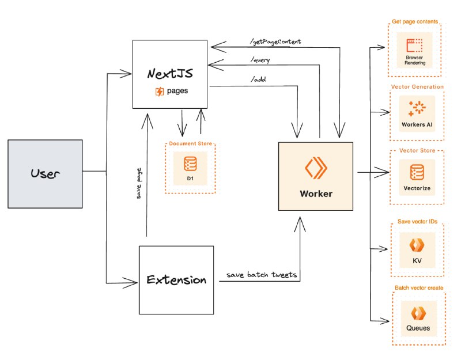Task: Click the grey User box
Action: click(x=45, y=173)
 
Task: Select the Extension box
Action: click(x=176, y=280)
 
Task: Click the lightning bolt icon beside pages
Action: click(x=160, y=91)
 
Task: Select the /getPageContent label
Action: click(x=275, y=42)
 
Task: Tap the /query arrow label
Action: click(x=260, y=59)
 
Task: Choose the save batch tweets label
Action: click(x=262, y=275)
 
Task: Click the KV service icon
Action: click(x=417, y=245)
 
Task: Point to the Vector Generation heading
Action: click(x=417, y=87)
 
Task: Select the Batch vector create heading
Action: click(x=418, y=287)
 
